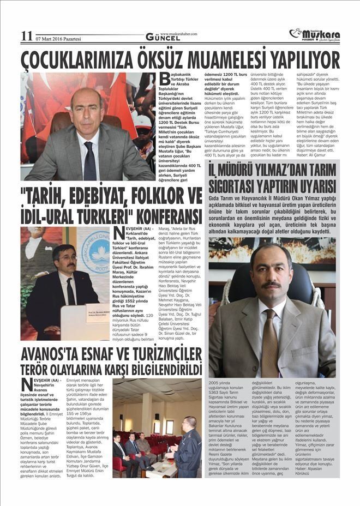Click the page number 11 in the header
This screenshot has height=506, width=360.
point(27,36)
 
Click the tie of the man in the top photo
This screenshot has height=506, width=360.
point(89,160)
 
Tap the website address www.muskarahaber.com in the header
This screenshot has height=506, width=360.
point(178,33)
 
